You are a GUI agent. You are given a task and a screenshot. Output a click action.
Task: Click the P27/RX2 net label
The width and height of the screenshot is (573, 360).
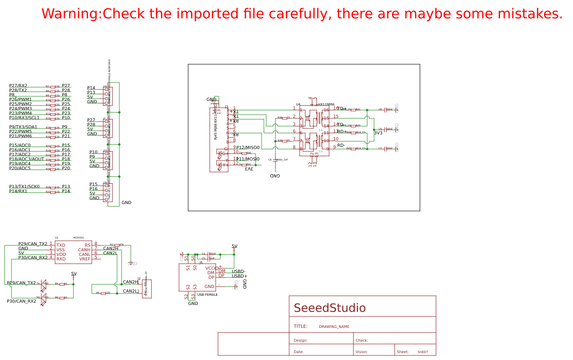pyautogui.click(x=18, y=86)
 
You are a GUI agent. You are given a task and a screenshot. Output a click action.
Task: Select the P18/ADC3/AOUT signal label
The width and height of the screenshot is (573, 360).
pyautogui.click(x=27, y=159)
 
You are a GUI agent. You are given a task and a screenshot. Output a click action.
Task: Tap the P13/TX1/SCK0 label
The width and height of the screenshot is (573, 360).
pyautogui.click(x=24, y=187)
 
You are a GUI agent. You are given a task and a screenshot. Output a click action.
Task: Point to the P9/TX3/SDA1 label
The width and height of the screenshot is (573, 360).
pyautogui.click(x=23, y=127)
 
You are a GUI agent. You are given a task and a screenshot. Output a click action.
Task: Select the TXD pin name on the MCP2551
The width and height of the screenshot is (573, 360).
pyautogui.click(x=61, y=245)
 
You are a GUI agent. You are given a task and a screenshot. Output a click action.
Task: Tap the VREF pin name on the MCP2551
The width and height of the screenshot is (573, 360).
pyautogui.click(x=85, y=259)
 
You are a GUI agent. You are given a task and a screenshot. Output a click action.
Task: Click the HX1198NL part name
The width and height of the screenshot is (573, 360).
pyautogui.click(x=326, y=105)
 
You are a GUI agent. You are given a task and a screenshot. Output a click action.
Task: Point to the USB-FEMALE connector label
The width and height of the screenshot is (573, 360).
pyautogui.click(x=207, y=295)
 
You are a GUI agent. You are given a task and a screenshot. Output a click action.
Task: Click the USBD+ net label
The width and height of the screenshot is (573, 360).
pyautogui.click(x=239, y=276)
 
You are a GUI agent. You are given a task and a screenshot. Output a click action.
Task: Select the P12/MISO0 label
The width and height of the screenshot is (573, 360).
pyautogui.click(x=248, y=148)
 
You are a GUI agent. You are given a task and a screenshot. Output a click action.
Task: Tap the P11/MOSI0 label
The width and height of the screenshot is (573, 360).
pyautogui.click(x=248, y=159)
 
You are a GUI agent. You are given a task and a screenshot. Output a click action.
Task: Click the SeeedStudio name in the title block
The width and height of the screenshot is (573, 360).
pyautogui.click(x=329, y=308)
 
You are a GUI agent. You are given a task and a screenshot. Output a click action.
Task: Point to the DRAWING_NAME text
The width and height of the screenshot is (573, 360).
pyautogui.click(x=334, y=327)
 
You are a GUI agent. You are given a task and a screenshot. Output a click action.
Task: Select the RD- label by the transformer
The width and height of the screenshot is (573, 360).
pyautogui.click(x=341, y=145)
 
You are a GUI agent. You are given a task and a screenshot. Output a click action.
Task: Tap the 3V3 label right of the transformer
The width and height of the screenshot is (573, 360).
pyautogui.click(x=378, y=133)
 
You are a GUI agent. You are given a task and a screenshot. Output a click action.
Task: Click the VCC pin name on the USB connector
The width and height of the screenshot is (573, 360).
pyautogui.click(x=210, y=268)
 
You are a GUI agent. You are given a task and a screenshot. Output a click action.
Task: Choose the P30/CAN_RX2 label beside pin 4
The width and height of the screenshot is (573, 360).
pyautogui.click(x=33, y=258)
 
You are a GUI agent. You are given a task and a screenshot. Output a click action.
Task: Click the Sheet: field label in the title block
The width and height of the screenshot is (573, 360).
pyautogui.click(x=402, y=352)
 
